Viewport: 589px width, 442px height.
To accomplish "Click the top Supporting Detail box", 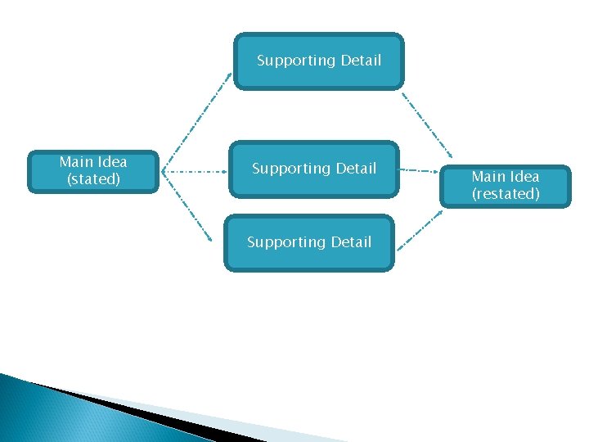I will coord(319,61).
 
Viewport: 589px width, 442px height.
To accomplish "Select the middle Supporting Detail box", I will coord(314,169).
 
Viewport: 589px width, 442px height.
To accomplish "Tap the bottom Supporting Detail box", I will coord(309,243).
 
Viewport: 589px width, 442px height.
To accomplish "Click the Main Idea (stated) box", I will coord(93,171).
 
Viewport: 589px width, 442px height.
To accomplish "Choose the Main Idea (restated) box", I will coord(506,186).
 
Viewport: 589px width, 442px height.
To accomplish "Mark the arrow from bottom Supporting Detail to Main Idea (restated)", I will coord(420,229).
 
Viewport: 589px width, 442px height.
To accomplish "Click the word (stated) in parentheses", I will coord(93,179).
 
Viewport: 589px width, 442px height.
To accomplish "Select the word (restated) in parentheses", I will coord(506,194).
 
